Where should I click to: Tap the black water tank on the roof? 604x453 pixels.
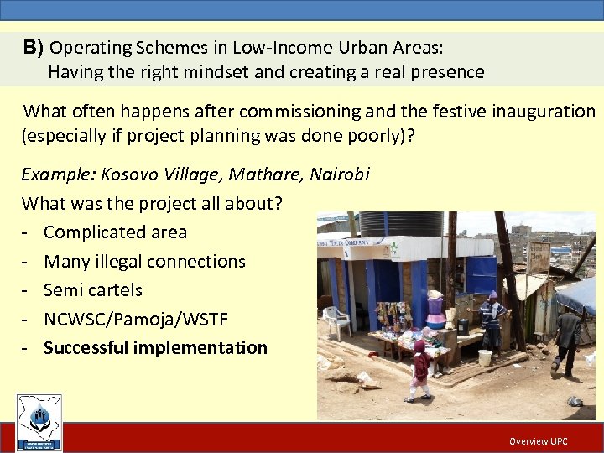coord(401,224)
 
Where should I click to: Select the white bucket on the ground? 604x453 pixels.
coord(484,357)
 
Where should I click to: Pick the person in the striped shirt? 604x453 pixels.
coord(492,319)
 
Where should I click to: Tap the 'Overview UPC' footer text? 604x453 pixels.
coord(538,441)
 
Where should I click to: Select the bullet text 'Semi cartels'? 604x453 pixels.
coord(92,289)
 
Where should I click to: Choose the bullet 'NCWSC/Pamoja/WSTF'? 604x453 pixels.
coord(135,319)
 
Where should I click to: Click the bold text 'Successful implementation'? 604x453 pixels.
coord(155,347)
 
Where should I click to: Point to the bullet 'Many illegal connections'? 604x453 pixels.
coord(144,261)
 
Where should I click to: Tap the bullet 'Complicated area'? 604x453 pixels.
coord(115,232)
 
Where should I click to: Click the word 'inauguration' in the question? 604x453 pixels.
coord(548,111)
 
